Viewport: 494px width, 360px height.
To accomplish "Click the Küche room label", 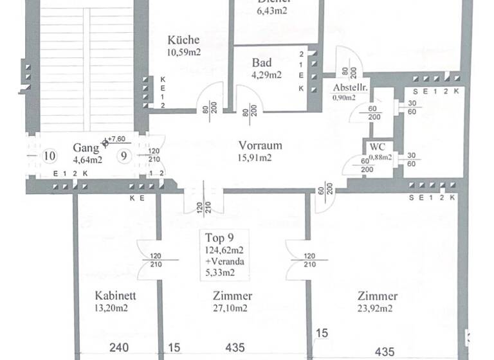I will tap(183, 39).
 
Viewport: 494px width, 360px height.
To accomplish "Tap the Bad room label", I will tap(262, 63).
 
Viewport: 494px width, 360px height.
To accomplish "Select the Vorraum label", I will tap(260, 145).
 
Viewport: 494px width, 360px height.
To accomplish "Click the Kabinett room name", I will tap(115, 296).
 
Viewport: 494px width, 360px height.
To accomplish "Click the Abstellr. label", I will tap(350, 87).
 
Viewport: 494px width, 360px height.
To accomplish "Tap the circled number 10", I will tap(48, 156).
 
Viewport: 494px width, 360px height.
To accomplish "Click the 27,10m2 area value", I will tap(232, 308).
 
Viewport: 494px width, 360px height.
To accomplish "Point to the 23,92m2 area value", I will tap(377, 308).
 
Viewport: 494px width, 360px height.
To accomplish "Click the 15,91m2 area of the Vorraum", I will tap(259, 156).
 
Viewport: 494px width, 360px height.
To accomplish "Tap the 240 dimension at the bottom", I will tap(119, 348).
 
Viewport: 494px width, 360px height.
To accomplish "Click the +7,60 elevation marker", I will tap(118, 138).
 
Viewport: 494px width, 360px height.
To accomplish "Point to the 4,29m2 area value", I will tap(266, 75).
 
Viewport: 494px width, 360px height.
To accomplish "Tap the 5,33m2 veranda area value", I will tap(220, 273).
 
